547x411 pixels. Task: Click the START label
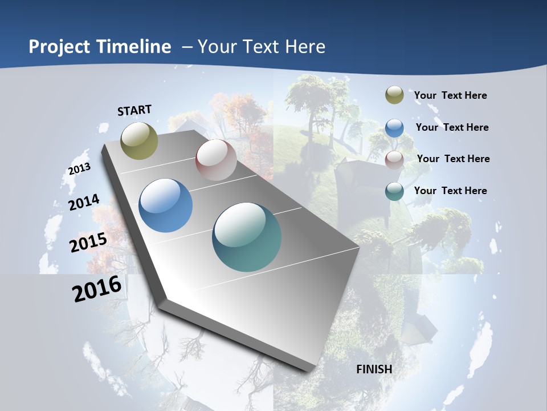134,110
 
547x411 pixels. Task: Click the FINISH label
374,369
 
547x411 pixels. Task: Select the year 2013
80,169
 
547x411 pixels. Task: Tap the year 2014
84,202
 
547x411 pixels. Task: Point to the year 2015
88,243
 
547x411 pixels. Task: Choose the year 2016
97,289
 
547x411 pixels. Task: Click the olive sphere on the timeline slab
140,140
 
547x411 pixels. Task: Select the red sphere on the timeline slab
216,160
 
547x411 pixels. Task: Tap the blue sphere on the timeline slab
166,205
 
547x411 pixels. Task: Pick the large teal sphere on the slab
247,237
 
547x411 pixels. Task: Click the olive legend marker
394,95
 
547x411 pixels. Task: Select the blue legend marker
394,127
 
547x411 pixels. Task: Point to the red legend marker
394,159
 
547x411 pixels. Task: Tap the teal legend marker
394,191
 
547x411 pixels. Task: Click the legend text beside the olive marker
450,95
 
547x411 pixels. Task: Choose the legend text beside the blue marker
452,127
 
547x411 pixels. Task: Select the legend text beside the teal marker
450,191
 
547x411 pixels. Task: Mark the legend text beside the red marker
453,159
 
